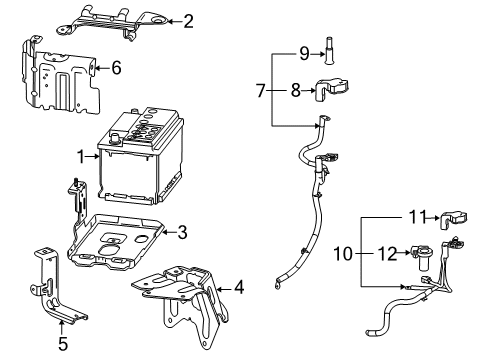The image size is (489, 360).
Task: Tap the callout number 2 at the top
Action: click(x=187, y=20)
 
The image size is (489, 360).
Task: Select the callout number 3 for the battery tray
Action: click(x=182, y=233)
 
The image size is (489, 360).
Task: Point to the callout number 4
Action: click(x=238, y=290)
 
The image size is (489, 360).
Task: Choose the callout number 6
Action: click(x=116, y=69)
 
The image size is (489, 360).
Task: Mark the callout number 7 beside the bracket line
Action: click(x=262, y=91)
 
